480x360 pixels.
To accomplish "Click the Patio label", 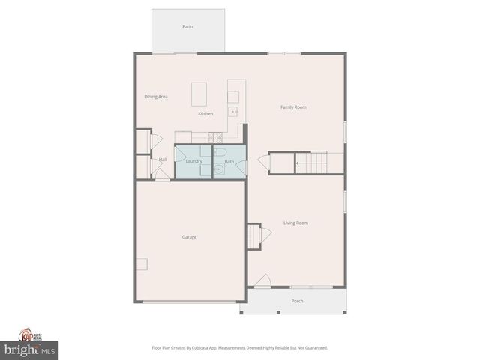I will point(187,26).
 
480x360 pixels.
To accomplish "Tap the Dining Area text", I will point(156,97).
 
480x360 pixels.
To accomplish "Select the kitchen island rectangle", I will point(199,94).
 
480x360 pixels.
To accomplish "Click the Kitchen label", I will point(205,114).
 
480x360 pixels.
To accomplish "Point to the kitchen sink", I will point(233,111).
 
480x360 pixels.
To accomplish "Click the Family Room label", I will point(293,107).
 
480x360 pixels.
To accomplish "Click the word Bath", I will point(229,161).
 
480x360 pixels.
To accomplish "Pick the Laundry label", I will point(193,161).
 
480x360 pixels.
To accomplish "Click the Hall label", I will point(163,160).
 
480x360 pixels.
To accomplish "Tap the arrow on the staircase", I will point(298,162).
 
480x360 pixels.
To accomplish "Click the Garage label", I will point(189,237).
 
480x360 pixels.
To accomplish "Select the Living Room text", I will point(295,223).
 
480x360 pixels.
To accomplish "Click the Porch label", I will point(298,301).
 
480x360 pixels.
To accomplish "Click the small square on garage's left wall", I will point(142,264).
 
